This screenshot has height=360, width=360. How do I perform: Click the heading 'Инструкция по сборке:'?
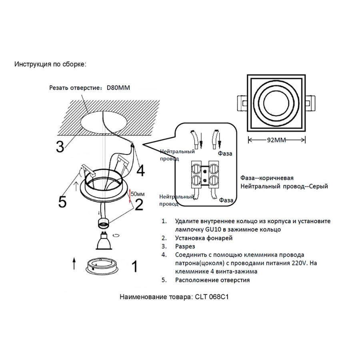tap(50, 64)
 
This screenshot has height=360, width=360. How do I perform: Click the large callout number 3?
tap(60, 147)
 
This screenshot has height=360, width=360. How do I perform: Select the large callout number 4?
tap(140, 171)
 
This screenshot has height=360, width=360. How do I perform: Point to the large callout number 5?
tap(62, 202)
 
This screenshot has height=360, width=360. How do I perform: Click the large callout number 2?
tap(139, 205)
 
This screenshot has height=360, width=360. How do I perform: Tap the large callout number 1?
tap(135, 266)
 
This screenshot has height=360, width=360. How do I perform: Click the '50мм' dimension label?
tap(137, 194)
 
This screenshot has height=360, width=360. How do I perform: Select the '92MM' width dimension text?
tap(277, 140)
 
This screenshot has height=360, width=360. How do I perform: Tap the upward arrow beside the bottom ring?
tap(74, 264)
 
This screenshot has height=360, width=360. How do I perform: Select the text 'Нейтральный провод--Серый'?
tap(284, 186)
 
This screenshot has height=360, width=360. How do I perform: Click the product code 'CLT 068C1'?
tap(211, 298)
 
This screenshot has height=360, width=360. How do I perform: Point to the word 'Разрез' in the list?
tap(184, 246)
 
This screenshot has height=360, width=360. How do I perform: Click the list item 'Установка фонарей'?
tap(204, 238)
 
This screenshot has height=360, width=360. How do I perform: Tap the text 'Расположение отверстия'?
tap(212, 280)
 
